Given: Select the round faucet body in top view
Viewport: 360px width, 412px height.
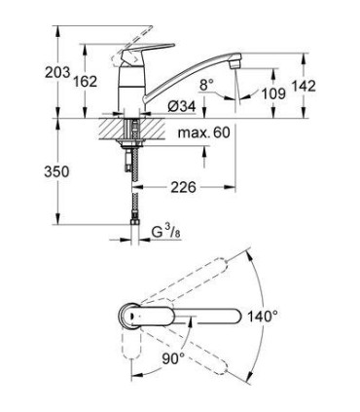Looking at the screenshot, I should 128,317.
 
